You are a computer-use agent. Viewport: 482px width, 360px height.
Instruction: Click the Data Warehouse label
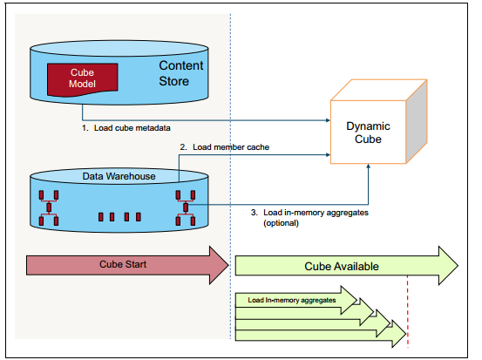coord(119,176)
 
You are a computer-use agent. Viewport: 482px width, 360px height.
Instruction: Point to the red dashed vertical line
coord(407,314)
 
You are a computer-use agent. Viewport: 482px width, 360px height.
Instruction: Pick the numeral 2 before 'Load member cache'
coord(181,147)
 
